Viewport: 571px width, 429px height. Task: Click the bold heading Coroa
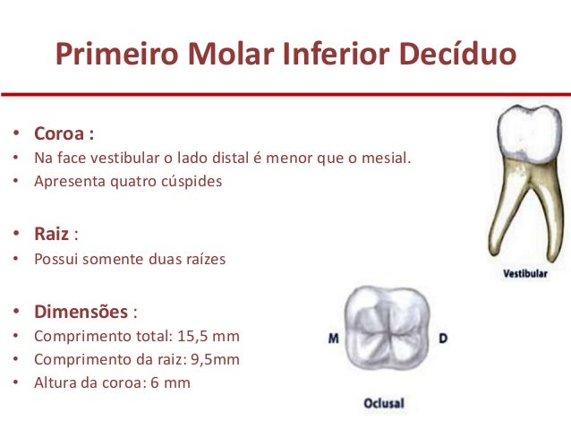[60, 134]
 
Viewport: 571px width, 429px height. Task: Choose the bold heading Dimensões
[81, 313]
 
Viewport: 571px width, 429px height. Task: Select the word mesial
[387, 158]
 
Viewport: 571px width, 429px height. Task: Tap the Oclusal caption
[383, 404]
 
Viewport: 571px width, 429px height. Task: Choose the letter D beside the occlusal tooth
[442, 339]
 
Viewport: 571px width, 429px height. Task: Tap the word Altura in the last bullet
[55, 383]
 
